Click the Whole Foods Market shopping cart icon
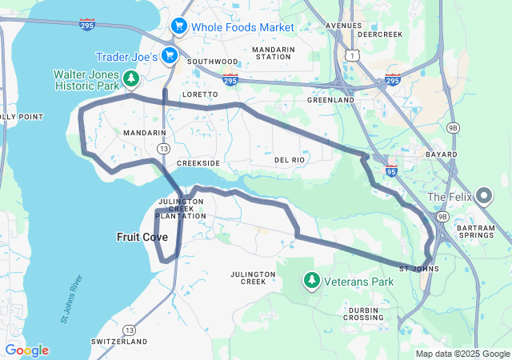(x=179, y=26)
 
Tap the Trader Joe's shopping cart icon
(x=169, y=55)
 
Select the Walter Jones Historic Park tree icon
(x=132, y=78)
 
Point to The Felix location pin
(x=483, y=195)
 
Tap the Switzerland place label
(x=118, y=342)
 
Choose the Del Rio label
(x=290, y=160)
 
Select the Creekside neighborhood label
(x=198, y=162)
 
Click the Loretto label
(x=200, y=94)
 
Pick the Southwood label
(x=212, y=61)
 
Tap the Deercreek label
(x=380, y=35)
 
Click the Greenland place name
(x=330, y=100)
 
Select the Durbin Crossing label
(x=366, y=313)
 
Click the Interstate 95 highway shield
(x=391, y=170)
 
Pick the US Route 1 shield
(x=350, y=54)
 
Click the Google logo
(x=26, y=350)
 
